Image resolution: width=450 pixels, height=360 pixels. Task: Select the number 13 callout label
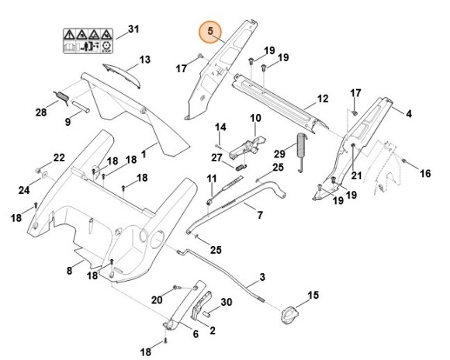144,60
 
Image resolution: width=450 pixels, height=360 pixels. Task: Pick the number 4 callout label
409,113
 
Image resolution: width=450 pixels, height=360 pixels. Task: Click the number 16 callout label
425,174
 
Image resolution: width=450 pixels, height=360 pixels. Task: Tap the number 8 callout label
68,270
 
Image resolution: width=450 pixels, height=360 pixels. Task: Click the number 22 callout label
59,158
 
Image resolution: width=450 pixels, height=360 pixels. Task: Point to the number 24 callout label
24,190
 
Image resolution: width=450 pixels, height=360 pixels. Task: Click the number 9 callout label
68,123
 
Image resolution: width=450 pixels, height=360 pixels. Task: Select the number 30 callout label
227,303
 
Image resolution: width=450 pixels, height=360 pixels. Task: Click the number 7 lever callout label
259,213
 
